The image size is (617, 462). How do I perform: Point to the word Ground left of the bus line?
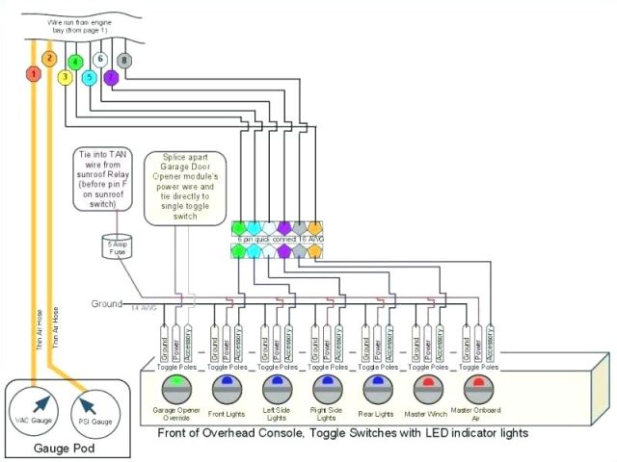point(107,304)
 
